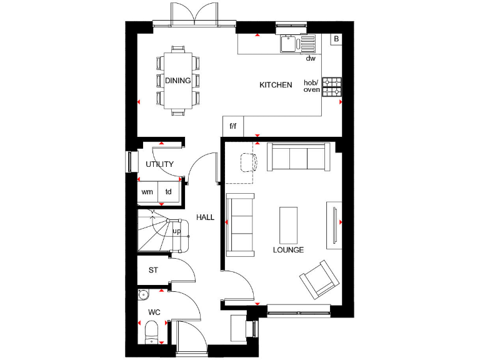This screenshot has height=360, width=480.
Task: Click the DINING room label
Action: pyautogui.click(x=178, y=81)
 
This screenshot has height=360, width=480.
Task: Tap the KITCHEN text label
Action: pyautogui.click(x=276, y=85)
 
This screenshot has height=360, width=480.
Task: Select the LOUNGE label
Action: pyautogui.click(x=288, y=250)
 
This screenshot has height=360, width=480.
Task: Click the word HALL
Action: pyautogui.click(x=205, y=218)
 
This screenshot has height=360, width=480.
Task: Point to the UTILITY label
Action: pyautogui.click(x=159, y=164)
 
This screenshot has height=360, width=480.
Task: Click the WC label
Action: pyautogui.click(x=154, y=311)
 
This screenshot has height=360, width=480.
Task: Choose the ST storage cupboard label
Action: pyautogui.click(x=153, y=271)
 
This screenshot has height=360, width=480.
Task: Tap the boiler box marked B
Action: pyautogui.click(x=336, y=39)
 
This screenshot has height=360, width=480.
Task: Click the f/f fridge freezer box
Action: pyautogui.click(x=233, y=126)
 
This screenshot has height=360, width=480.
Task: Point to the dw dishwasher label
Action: pyautogui.click(x=310, y=59)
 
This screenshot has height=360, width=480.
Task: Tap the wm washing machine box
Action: pyautogui.click(x=147, y=192)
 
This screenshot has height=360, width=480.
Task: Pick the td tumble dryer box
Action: pyautogui.click(x=168, y=192)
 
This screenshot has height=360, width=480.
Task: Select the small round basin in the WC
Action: pyautogui.click(x=143, y=294)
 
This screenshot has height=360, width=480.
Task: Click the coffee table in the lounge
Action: pyautogui.click(x=289, y=224)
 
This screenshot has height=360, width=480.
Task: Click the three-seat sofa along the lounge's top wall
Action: pyautogui.click(x=298, y=157)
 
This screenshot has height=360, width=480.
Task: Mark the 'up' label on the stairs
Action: pyautogui.click(x=176, y=231)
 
